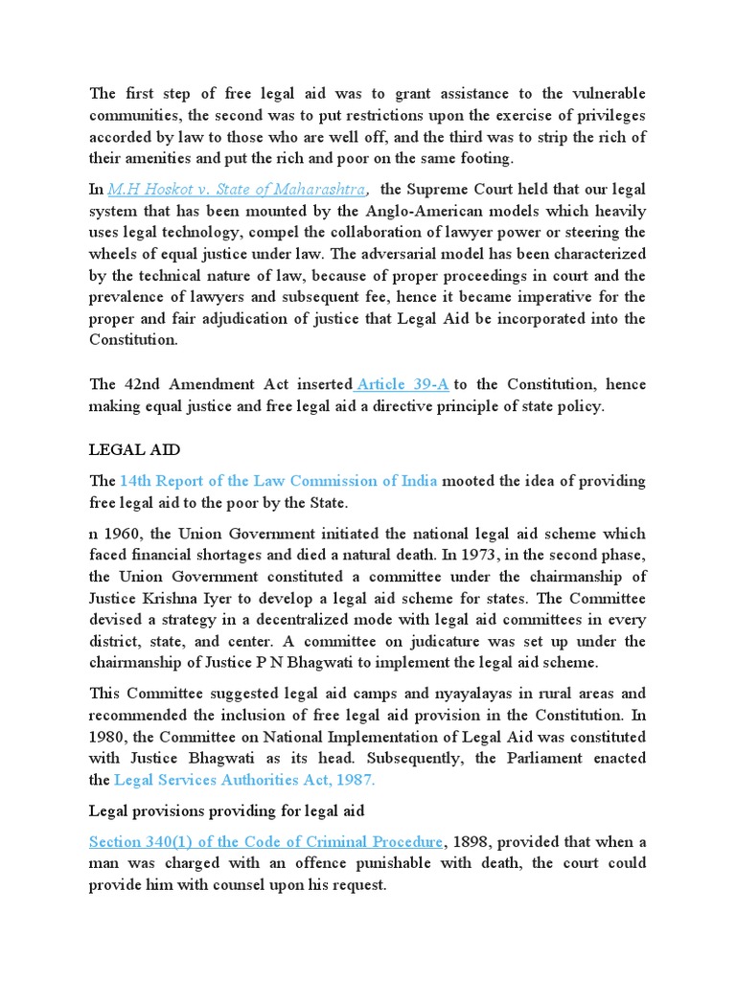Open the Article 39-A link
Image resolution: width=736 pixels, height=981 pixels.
point(403,384)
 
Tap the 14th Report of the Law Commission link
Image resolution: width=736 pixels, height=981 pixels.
point(279,481)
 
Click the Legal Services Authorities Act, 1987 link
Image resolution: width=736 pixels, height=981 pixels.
point(245,780)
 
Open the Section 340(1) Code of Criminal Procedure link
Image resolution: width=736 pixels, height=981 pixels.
point(265,841)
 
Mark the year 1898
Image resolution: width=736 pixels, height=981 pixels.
point(476,841)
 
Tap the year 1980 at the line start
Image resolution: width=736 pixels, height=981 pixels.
point(106,736)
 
